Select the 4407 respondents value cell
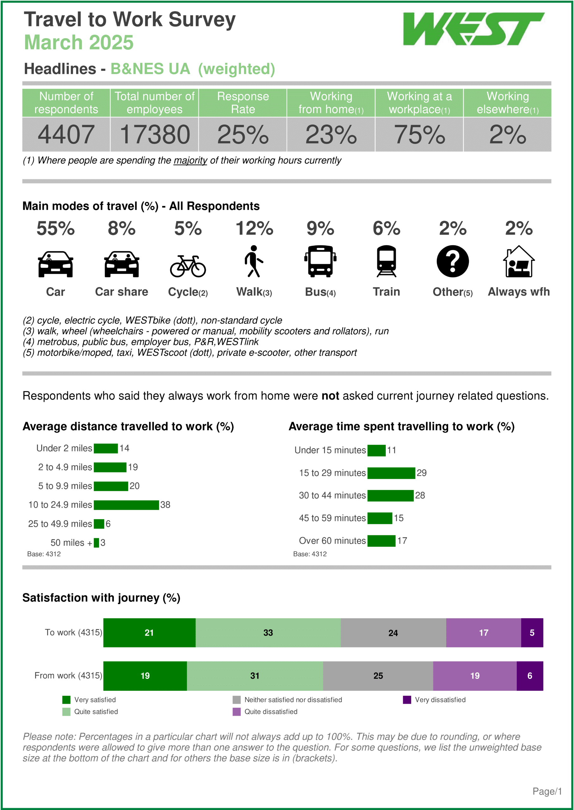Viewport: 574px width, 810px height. tap(66, 135)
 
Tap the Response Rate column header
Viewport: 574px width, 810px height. tap(243, 103)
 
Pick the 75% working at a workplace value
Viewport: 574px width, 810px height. tap(419, 135)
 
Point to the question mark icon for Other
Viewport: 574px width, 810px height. tap(453, 261)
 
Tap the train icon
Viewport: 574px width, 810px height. tap(386, 261)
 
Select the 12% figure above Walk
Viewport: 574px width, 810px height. tap(254, 228)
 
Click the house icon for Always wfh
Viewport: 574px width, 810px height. tap(519, 262)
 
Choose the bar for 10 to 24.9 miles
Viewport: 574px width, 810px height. tap(126, 505)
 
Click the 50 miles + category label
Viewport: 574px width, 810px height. tap(71, 543)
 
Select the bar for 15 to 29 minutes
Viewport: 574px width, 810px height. tap(391, 473)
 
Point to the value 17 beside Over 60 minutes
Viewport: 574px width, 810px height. tap(402, 541)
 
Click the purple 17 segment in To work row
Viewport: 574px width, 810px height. tap(483, 633)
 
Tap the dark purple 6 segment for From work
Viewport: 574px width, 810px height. tap(529, 676)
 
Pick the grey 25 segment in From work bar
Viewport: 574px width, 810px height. tap(378, 676)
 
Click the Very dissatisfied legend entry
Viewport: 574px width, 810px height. tap(440, 700)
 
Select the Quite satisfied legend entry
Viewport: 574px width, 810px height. tap(96, 712)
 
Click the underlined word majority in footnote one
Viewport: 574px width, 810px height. tap(190, 160)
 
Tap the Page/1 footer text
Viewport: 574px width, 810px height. tap(547, 791)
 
